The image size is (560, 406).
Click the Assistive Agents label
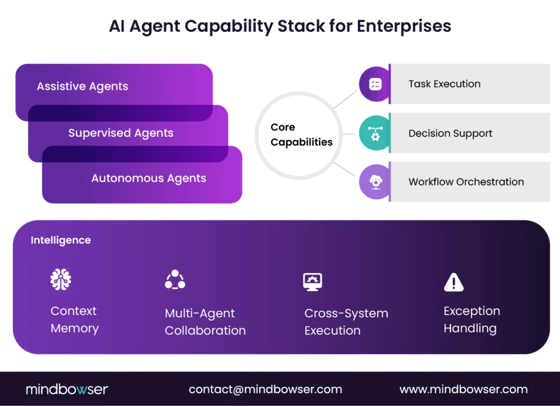(x=83, y=86)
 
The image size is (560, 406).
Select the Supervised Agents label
(x=121, y=133)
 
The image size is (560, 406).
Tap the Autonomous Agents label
(x=149, y=178)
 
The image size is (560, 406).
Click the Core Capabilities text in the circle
(x=301, y=135)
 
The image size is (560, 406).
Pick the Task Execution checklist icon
(x=375, y=84)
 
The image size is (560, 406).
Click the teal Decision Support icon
(x=375, y=134)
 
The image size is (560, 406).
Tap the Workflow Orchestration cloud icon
(x=375, y=182)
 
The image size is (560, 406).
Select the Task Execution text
(x=444, y=84)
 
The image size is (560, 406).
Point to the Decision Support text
(x=450, y=134)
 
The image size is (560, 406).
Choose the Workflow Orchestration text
(x=466, y=182)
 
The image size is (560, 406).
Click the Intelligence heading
(x=61, y=240)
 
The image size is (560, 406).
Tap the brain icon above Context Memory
(x=61, y=280)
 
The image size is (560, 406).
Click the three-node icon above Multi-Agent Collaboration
(x=175, y=280)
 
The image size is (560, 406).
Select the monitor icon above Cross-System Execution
(x=313, y=281)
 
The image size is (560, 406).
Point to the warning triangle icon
(x=453, y=282)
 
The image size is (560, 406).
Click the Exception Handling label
(x=471, y=320)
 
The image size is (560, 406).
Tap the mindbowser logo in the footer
(x=67, y=390)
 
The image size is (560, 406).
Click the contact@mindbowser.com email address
(x=265, y=390)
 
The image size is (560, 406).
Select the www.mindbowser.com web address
(x=463, y=390)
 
